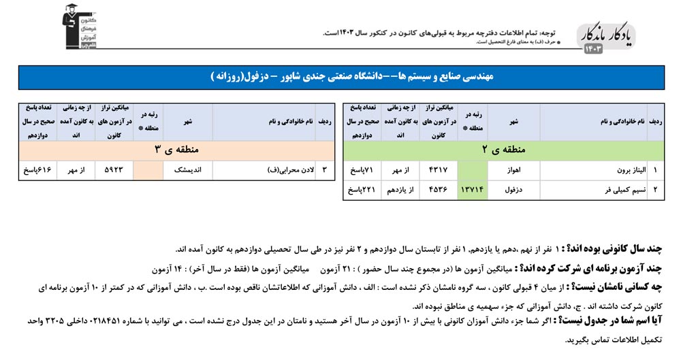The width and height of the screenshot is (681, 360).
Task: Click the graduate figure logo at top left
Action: coord(76,27)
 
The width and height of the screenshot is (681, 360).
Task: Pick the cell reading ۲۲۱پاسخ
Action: coord(362,190)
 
